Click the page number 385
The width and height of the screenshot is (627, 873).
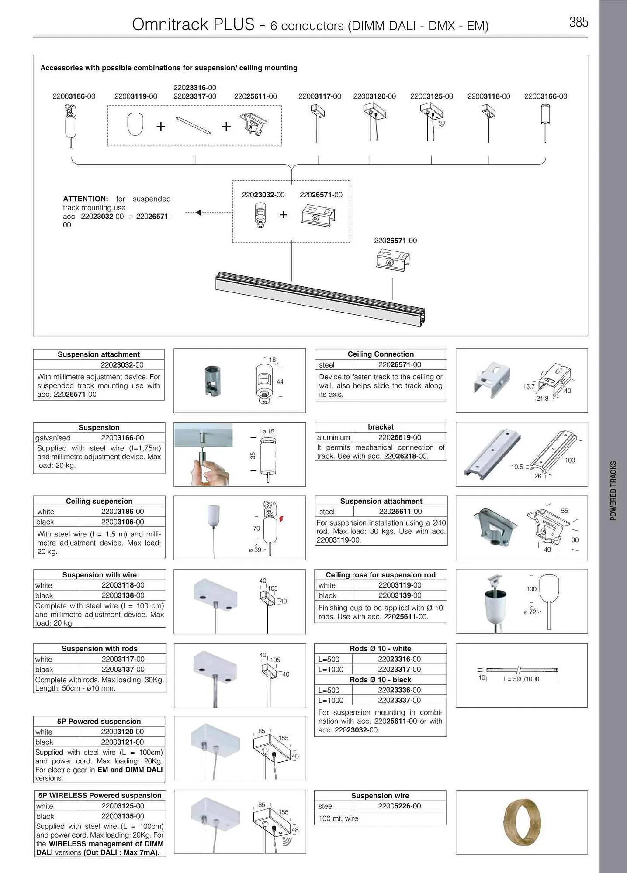pos(578,22)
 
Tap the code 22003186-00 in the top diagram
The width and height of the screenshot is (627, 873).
pos(74,96)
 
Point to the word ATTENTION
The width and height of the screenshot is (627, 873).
pos(86,199)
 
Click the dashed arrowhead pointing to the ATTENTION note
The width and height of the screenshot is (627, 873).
pos(198,213)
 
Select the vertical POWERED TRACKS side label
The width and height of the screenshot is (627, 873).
pos(613,491)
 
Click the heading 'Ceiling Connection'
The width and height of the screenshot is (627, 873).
pos(381,354)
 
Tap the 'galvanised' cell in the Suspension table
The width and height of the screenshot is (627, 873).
pos(53,438)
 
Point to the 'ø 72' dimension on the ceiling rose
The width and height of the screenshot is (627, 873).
pos(531,612)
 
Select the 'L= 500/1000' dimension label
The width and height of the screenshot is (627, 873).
pos(521,679)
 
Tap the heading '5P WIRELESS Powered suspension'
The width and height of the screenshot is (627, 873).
pos(100,795)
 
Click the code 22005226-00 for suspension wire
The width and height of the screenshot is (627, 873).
pos(399,806)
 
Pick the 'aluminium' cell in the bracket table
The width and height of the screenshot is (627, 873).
pos(333,437)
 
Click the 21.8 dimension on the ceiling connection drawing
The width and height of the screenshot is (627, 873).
pos(542,398)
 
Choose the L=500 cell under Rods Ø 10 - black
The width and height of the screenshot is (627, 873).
pos(329,690)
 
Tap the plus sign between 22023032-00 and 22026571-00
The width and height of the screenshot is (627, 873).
pos(283,215)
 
